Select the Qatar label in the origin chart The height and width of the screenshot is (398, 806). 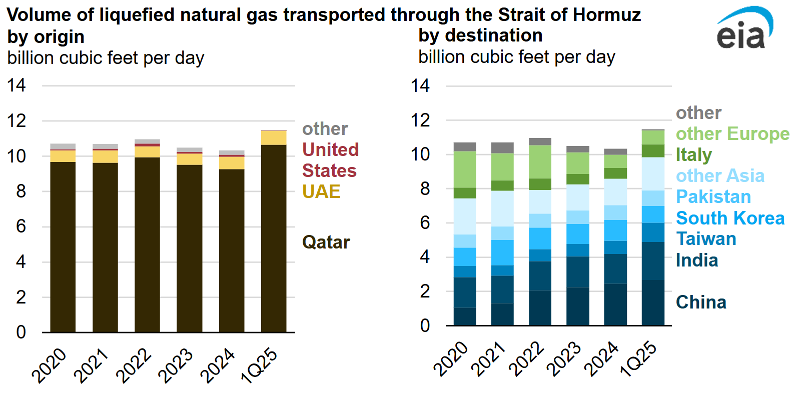tap(326, 242)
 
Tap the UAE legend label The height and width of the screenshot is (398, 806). tap(321, 191)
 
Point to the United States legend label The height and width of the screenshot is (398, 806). tap(330, 160)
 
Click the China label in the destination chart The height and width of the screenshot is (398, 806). tap(701, 302)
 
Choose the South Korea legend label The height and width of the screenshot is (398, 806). tap(730, 218)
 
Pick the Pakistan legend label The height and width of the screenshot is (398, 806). tap(713, 197)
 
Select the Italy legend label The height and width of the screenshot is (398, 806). tap(693, 155)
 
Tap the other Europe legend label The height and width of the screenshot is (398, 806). tap(732, 134)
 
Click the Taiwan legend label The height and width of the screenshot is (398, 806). tap(706, 239)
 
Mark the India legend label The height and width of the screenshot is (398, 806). tap(697, 260)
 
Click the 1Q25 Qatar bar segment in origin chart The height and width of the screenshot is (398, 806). tap(274, 238)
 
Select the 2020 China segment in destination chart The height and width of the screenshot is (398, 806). tap(465, 316)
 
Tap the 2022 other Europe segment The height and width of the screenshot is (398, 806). tap(540, 161)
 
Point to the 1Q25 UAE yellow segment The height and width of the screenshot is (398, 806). tap(274, 138)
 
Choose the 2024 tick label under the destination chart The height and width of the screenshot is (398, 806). tap(602, 358)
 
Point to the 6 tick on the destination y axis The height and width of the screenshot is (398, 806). tap(425, 223)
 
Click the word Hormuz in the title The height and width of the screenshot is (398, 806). tap(606, 15)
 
